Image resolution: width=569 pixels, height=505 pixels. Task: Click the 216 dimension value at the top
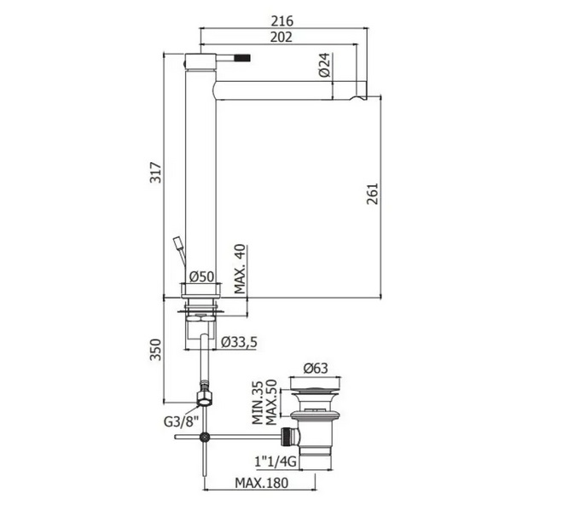(x=282, y=20)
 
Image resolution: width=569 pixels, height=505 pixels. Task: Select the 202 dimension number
(x=282, y=37)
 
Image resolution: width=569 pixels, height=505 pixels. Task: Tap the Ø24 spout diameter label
(x=325, y=65)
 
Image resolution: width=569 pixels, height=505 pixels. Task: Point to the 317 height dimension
(x=155, y=172)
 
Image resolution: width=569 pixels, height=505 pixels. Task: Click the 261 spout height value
(x=372, y=194)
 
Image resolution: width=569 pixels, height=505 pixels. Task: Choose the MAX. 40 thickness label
(x=240, y=269)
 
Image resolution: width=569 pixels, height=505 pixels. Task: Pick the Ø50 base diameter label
(x=202, y=276)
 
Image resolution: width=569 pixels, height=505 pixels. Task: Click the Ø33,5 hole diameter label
(x=239, y=341)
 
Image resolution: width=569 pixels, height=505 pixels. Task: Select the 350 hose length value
(x=155, y=350)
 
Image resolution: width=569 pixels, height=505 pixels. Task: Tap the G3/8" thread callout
(x=181, y=421)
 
